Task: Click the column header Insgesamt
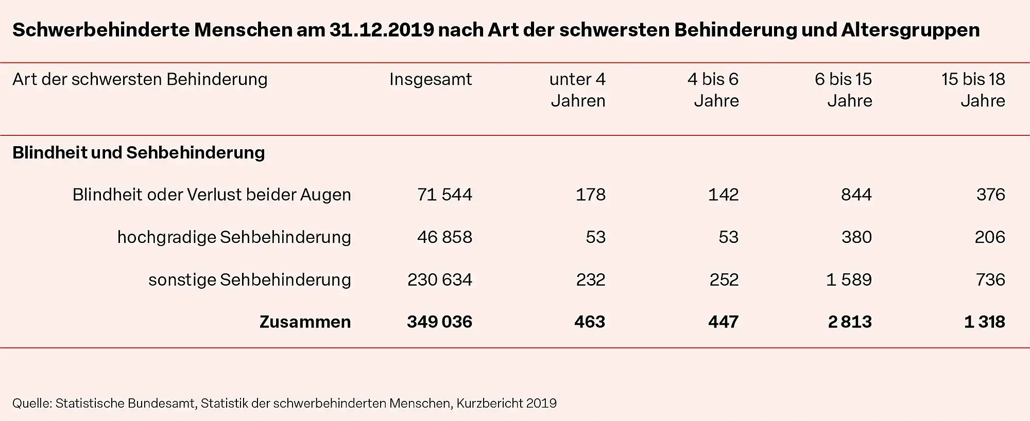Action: click(x=430, y=79)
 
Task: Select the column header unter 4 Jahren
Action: click(x=577, y=90)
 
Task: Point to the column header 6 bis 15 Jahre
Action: click(x=844, y=90)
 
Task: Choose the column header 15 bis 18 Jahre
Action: click(x=973, y=90)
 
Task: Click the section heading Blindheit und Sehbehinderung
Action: click(x=139, y=153)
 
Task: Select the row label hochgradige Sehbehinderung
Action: click(x=234, y=237)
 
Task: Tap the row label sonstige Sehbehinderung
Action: click(x=249, y=280)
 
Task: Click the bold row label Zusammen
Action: click(x=305, y=322)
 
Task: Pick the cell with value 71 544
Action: click(x=444, y=195)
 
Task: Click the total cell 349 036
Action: click(x=439, y=322)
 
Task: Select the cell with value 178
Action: click(x=590, y=195)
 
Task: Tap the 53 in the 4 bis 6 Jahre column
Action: click(x=728, y=237)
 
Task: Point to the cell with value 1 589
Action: click(x=849, y=280)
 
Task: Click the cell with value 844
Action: click(x=856, y=195)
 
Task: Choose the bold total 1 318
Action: click(x=984, y=322)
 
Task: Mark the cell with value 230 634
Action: click(x=439, y=280)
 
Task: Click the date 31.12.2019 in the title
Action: click(x=382, y=30)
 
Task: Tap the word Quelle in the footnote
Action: click(x=31, y=404)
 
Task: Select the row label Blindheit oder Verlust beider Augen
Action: click(x=211, y=195)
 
